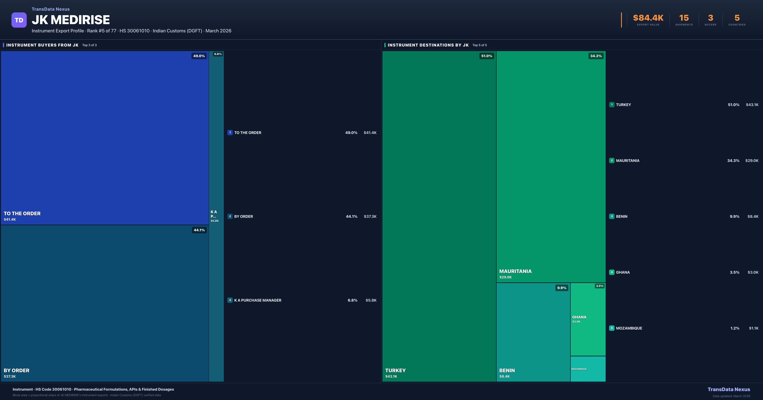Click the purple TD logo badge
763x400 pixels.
(x=19, y=20)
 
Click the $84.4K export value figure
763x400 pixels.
(x=648, y=18)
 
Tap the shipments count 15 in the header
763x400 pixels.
(x=684, y=18)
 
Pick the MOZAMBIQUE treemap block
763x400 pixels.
(x=588, y=369)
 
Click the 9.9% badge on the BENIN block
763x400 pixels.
(x=562, y=288)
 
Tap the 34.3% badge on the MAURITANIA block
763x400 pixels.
(x=596, y=56)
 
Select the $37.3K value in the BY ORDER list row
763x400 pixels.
(x=370, y=217)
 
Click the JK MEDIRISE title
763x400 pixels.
(x=71, y=20)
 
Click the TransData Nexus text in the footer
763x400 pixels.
(x=729, y=389)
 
